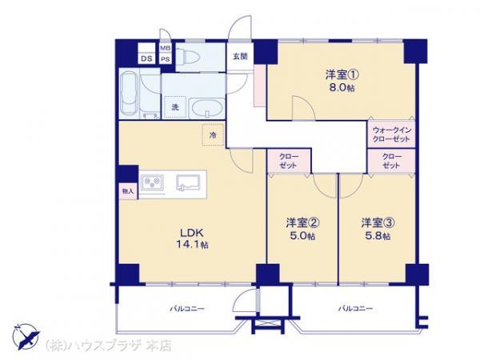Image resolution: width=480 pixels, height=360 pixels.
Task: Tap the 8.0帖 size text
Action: pos(338,88)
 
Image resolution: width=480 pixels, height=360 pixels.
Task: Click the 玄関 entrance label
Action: pos(240,55)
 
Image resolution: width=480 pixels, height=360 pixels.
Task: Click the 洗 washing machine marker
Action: pos(173,107)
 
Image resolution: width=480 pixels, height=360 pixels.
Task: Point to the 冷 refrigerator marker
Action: pos(213,135)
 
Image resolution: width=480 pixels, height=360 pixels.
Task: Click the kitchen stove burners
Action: pos(152,184)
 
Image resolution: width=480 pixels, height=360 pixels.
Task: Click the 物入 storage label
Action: pos(127,191)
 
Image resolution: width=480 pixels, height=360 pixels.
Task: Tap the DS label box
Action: pos(147,58)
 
